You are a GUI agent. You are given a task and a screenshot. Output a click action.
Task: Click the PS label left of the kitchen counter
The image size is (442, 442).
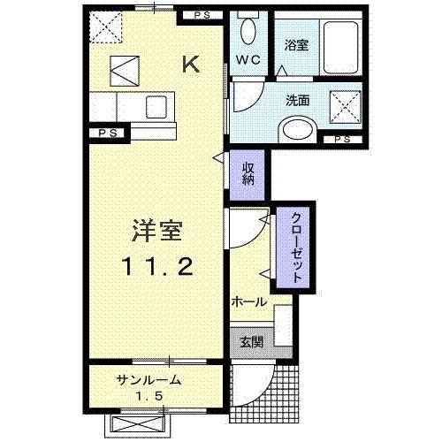[x=108, y=133]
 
